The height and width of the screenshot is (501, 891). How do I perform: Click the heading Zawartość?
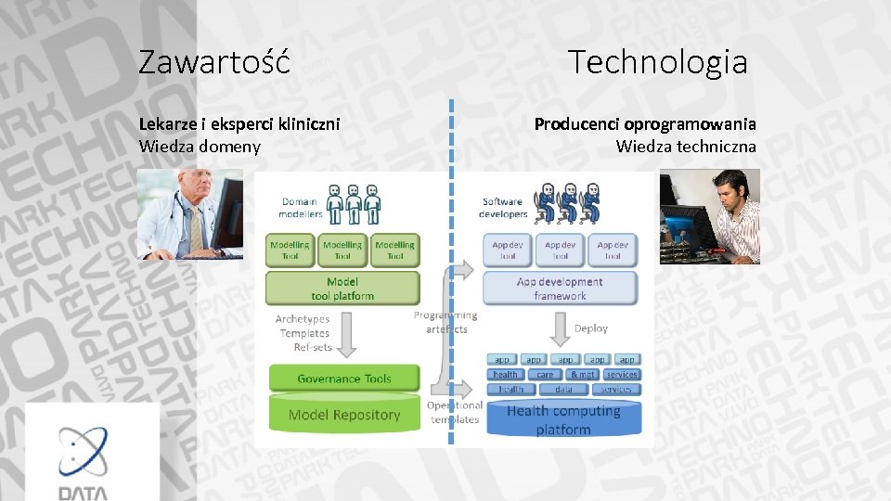tap(214, 62)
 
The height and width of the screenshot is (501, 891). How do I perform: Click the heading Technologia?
tap(657, 62)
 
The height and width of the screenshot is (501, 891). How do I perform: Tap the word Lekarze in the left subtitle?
tap(167, 123)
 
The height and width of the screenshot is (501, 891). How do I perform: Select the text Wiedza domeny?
tap(200, 147)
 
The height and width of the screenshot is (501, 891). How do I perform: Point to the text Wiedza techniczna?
tap(686, 147)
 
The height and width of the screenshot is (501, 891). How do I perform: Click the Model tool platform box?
tap(342, 289)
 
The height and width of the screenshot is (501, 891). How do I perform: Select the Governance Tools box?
tap(344, 379)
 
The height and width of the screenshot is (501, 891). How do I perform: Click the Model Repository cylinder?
tap(344, 415)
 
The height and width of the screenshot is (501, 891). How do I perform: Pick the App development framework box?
tap(560, 289)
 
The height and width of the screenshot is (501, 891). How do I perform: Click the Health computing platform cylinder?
tap(563, 419)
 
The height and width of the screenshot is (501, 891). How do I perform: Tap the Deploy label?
tap(591, 328)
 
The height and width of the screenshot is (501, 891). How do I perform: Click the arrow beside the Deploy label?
tap(560, 328)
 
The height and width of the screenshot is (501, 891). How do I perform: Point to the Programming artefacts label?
tap(446, 322)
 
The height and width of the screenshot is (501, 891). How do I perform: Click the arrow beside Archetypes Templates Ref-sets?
tap(346, 336)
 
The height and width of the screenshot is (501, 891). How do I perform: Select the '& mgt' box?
tap(583, 375)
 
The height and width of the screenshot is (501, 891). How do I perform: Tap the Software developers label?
tap(504, 208)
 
